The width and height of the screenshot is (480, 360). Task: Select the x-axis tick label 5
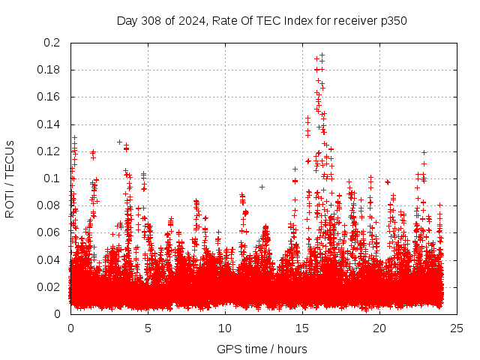[148, 328]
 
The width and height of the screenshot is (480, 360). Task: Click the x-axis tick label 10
[225, 328]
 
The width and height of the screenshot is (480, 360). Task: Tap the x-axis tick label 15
[302, 328]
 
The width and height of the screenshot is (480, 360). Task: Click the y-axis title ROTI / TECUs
[10, 178]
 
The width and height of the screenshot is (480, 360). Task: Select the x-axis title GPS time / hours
[262, 349]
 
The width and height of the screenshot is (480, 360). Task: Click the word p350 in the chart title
[393, 20]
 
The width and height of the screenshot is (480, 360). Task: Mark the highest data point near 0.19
[322, 55]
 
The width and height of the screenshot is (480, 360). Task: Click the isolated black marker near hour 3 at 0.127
[119, 142]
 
